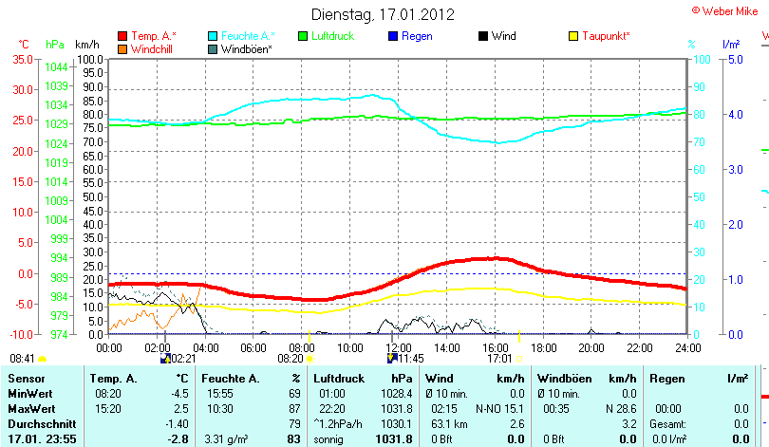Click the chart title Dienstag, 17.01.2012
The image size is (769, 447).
pos(384,14)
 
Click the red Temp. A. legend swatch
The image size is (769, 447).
pos(122,36)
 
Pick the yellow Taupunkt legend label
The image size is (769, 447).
pos(606,36)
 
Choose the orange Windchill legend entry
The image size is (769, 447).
pos(153,48)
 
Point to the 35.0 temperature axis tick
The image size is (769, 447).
pos(21,59)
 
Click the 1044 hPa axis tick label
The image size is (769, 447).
pos(56,67)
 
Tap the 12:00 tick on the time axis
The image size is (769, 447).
pos(399,347)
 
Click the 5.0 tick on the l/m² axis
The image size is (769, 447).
pos(734,59)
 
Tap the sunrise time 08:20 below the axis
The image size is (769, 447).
pos(290,359)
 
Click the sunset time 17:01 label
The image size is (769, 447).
pos(499,359)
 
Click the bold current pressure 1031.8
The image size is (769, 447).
pos(395,438)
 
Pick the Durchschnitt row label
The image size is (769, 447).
pos(37,423)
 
